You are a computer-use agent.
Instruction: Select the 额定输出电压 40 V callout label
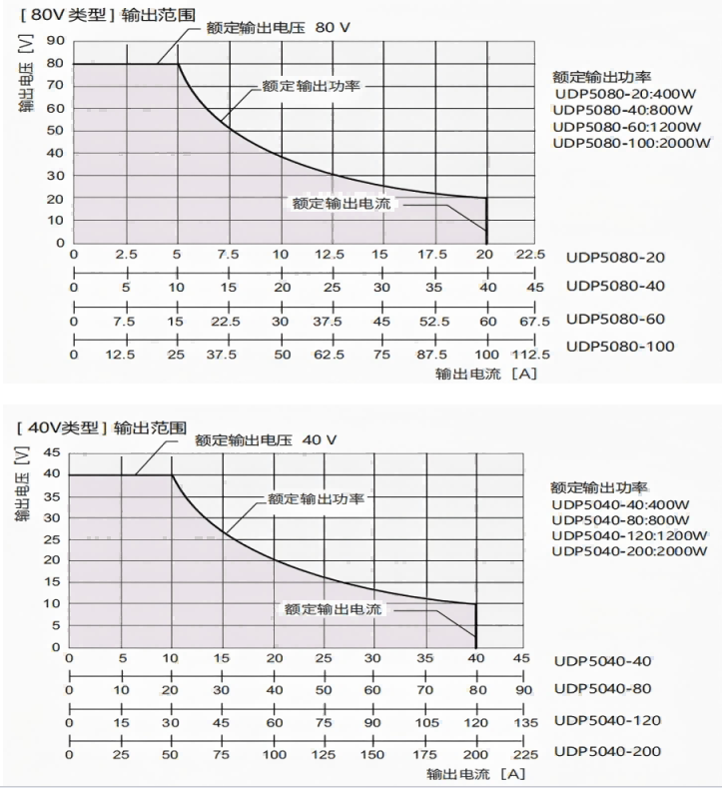click(266, 439)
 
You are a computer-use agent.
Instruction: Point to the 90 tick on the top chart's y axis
click(55, 41)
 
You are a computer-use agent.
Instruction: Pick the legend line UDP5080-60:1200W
click(624, 126)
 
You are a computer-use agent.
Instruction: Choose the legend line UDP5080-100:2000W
click(631, 143)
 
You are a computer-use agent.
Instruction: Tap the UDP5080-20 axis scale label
click(615, 258)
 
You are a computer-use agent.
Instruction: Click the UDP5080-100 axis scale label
click(620, 347)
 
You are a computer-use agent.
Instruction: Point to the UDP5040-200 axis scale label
click(608, 752)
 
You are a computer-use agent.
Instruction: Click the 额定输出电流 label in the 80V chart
click(343, 204)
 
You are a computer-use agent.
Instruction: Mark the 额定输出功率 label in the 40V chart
click(314, 498)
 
